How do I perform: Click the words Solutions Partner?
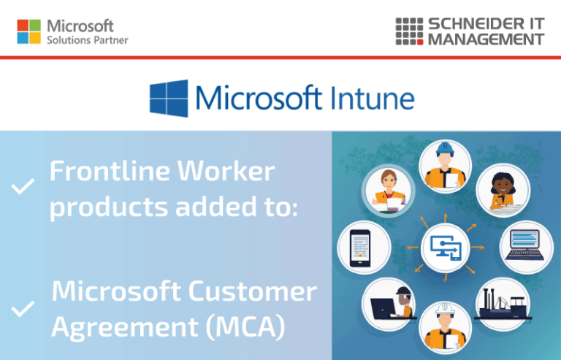(x=87, y=41)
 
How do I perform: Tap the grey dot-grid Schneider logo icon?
(x=409, y=31)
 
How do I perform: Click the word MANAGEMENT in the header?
(x=486, y=39)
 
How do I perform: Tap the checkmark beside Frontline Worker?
(x=23, y=188)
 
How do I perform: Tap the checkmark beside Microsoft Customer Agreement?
(x=23, y=309)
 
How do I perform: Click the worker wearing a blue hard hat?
(x=444, y=164)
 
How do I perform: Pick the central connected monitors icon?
(x=444, y=247)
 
